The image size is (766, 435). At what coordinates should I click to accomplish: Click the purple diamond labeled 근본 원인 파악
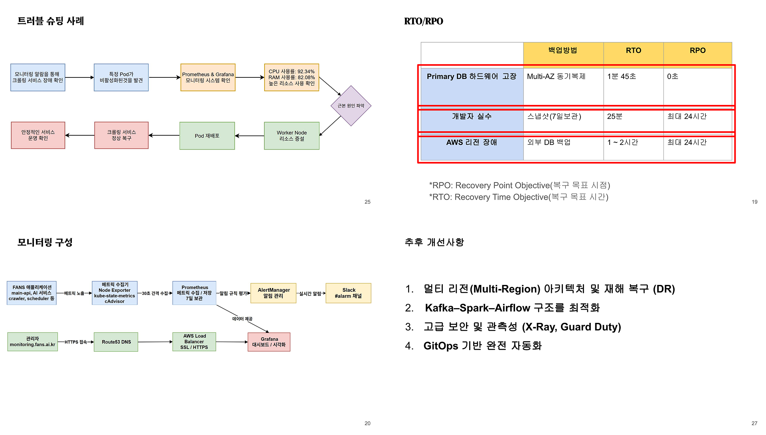click(x=351, y=106)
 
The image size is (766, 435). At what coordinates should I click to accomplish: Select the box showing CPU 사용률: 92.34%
click(x=291, y=77)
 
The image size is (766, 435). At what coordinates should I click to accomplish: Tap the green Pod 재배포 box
click(x=207, y=136)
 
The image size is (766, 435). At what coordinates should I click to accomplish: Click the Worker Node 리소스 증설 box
click(x=292, y=136)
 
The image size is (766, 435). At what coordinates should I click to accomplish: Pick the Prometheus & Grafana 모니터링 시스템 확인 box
click(x=208, y=77)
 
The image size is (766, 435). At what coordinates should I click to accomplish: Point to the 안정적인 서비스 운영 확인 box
click(x=38, y=135)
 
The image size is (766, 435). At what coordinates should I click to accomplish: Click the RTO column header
click(x=633, y=51)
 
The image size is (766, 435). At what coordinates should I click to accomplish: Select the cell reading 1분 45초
click(x=621, y=76)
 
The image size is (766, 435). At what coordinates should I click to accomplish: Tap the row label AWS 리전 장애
click(x=472, y=142)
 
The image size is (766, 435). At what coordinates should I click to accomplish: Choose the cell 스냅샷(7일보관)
click(x=554, y=117)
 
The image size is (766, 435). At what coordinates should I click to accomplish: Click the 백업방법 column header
click(x=563, y=51)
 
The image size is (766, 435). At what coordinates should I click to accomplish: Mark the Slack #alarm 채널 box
click(x=348, y=293)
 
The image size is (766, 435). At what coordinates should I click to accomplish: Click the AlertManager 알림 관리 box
click(x=273, y=293)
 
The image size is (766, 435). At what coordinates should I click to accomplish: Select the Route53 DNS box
click(x=116, y=342)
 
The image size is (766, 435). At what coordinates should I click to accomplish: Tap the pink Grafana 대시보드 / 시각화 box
click(x=269, y=342)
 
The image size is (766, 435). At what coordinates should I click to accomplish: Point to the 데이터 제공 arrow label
click(x=242, y=319)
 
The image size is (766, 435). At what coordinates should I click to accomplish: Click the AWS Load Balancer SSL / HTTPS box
click(x=194, y=342)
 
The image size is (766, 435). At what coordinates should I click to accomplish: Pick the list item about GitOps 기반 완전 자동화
click(x=482, y=346)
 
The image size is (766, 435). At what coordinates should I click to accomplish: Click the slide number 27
click(x=754, y=423)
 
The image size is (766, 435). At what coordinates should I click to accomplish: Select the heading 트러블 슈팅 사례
click(x=51, y=21)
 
